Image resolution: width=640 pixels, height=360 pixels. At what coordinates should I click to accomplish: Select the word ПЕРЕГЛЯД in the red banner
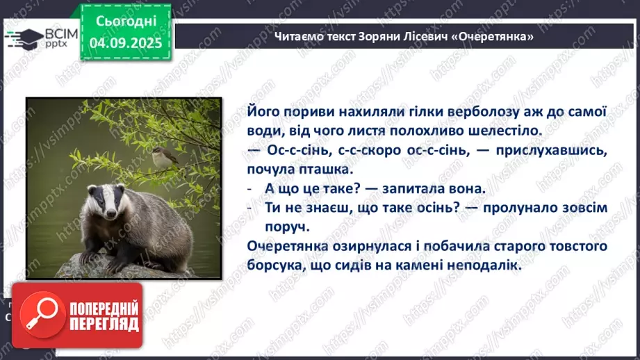coord(104,325)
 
